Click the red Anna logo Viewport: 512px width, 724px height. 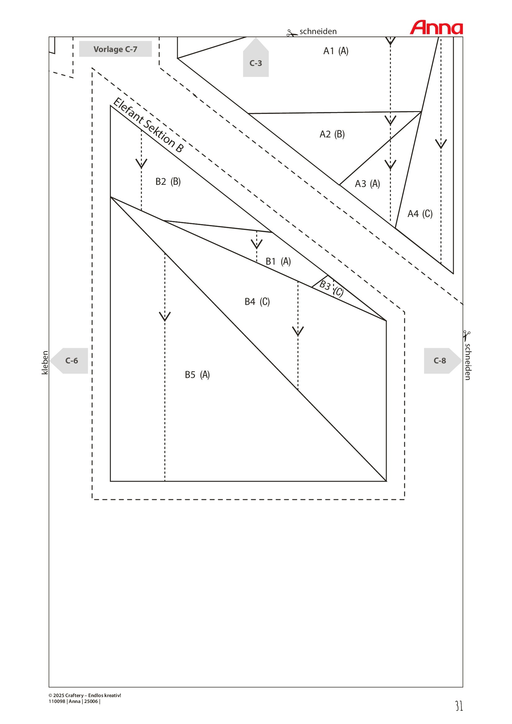[x=436, y=28]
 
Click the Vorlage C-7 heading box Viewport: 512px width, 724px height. [x=115, y=49]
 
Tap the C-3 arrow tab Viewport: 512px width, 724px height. [x=256, y=57]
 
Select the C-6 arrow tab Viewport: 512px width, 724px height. [x=69, y=361]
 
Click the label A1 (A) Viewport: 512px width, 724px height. [x=336, y=51]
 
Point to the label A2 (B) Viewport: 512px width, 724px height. [x=332, y=134]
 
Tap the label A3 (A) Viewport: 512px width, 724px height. [x=367, y=184]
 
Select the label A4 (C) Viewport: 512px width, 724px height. [x=420, y=214]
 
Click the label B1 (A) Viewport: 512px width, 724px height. [x=278, y=262]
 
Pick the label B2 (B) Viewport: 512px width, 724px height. [x=168, y=182]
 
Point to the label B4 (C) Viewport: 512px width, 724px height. [x=257, y=302]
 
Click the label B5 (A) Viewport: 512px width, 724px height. [x=197, y=375]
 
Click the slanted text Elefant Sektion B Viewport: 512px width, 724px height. [x=148, y=125]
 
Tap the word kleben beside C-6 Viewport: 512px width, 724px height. [x=45, y=363]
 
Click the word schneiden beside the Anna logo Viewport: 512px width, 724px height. [x=318, y=31]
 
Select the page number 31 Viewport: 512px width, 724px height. [x=459, y=706]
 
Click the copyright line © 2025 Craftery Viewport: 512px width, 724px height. [x=85, y=695]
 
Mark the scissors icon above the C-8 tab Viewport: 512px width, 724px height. [x=467, y=336]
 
